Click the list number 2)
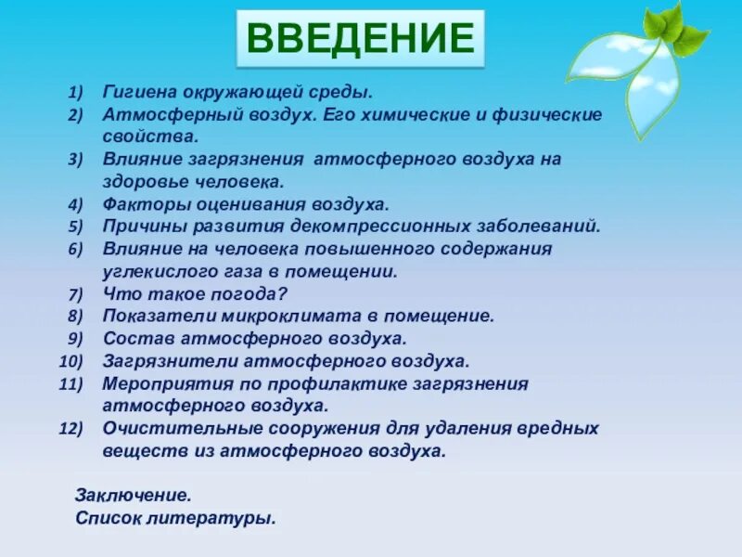click(x=75, y=114)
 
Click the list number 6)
click(x=75, y=249)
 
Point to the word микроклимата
click(x=264, y=316)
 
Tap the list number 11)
click(x=71, y=383)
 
